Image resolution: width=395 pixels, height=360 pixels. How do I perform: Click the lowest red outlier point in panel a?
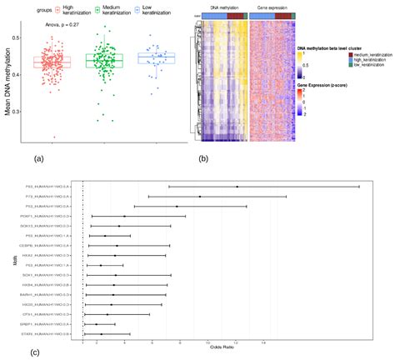click(55, 137)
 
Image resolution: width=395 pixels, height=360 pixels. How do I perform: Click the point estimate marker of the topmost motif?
click(237, 187)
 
